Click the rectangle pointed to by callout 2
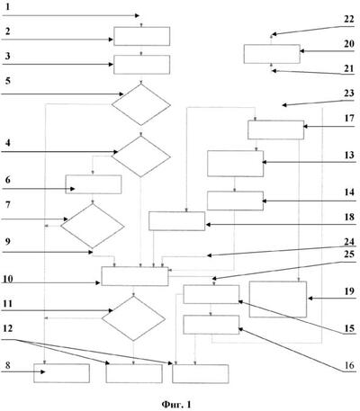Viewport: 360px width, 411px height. (x=141, y=36)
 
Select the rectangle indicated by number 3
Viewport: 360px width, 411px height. (x=141, y=65)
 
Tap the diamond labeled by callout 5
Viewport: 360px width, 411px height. (x=141, y=104)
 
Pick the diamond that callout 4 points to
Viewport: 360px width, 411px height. (x=141, y=156)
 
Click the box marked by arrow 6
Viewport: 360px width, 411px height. (x=94, y=184)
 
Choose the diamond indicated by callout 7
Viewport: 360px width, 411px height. (x=93, y=226)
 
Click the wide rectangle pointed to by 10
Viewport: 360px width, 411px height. (x=135, y=276)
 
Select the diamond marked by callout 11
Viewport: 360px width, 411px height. (x=133, y=318)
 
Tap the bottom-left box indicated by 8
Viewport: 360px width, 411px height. (x=61, y=373)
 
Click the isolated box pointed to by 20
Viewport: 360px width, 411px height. (x=272, y=54)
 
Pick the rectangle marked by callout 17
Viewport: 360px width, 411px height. (x=275, y=130)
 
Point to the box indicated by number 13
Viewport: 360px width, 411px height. (x=235, y=164)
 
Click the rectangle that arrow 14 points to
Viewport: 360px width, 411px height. (x=235, y=201)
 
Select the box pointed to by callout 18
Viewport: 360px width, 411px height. (x=176, y=221)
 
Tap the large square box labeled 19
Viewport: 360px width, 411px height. (x=278, y=299)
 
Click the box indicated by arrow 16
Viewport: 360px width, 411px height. (x=211, y=325)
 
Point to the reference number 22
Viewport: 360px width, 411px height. (x=349, y=19)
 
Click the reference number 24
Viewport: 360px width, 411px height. (x=349, y=241)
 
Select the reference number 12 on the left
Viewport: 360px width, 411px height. (x=8, y=328)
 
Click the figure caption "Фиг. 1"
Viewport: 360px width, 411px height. (x=176, y=405)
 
